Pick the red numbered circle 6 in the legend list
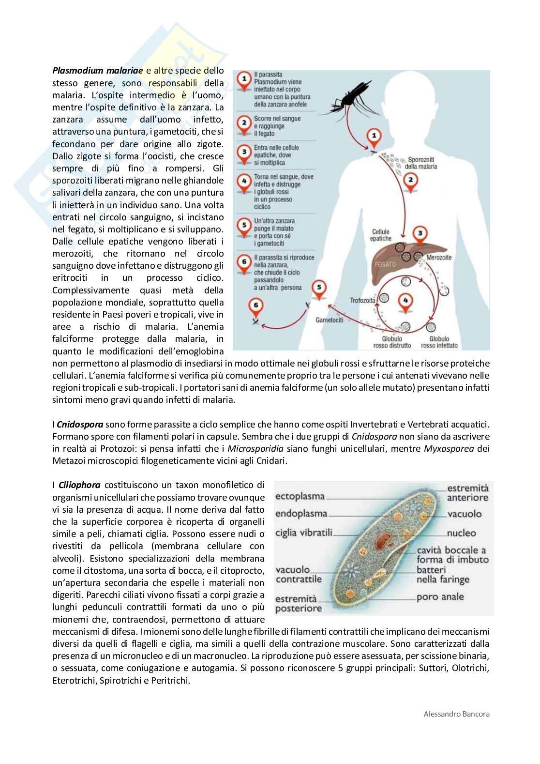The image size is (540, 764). click(x=245, y=262)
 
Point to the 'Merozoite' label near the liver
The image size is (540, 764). click(x=439, y=257)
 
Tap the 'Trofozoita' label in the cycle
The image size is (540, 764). click(x=363, y=300)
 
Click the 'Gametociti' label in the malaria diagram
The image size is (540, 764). click(x=330, y=320)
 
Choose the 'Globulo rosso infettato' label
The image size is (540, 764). click(x=439, y=342)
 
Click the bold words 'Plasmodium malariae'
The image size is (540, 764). click(x=98, y=71)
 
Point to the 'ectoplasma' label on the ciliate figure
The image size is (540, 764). click(x=300, y=496)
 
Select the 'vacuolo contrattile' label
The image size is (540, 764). click(x=299, y=574)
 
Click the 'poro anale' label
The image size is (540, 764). click(x=440, y=596)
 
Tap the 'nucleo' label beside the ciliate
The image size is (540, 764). click(x=461, y=533)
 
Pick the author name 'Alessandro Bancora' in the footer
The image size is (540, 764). click(x=456, y=714)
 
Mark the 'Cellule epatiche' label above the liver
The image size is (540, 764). click(x=381, y=235)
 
